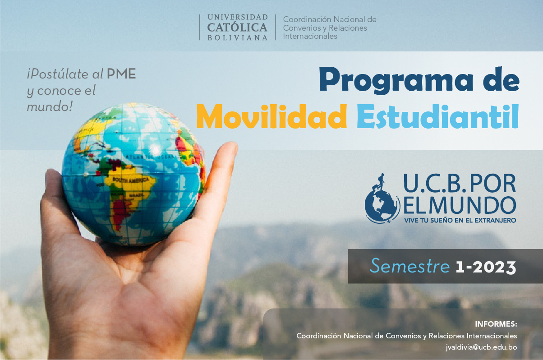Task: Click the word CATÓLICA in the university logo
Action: [x=237, y=27]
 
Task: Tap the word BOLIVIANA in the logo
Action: [x=238, y=38]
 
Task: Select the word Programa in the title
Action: [x=396, y=80]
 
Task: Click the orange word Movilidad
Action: [x=271, y=116]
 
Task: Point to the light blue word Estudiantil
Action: [x=437, y=116]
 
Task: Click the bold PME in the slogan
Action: [x=121, y=74]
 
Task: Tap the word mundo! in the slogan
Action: [x=50, y=106]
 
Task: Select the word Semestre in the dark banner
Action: [x=410, y=266]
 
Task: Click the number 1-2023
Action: [x=486, y=268]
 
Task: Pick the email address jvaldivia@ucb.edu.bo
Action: [x=481, y=347]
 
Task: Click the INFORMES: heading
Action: [x=496, y=324]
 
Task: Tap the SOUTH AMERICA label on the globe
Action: [x=131, y=180]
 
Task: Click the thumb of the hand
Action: [x=219, y=175]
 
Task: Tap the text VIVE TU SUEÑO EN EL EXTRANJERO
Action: [x=460, y=220]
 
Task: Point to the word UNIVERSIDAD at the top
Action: [x=238, y=17]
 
